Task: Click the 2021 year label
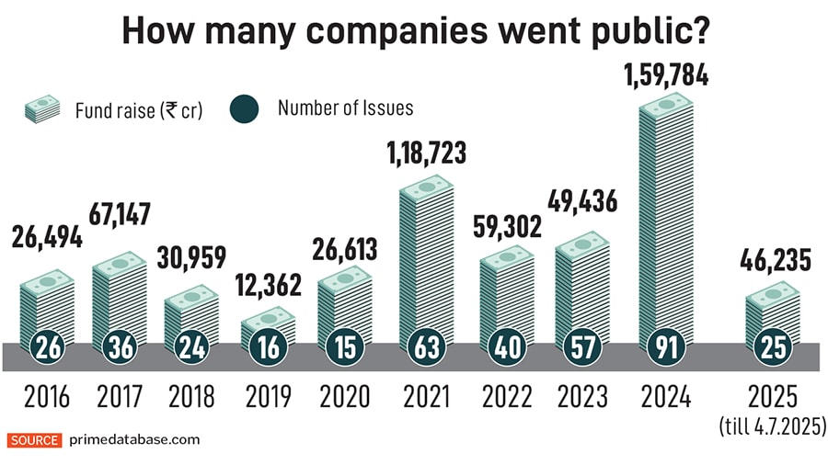click(427, 396)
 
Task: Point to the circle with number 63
click(427, 349)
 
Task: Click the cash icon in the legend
click(43, 110)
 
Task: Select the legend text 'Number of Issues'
click(346, 108)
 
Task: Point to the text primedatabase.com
click(133, 440)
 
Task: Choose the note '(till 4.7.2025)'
click(773, 425)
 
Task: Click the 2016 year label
click(47, 396)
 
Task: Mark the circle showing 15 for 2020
click(345, 349)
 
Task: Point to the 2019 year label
click(270, 396)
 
